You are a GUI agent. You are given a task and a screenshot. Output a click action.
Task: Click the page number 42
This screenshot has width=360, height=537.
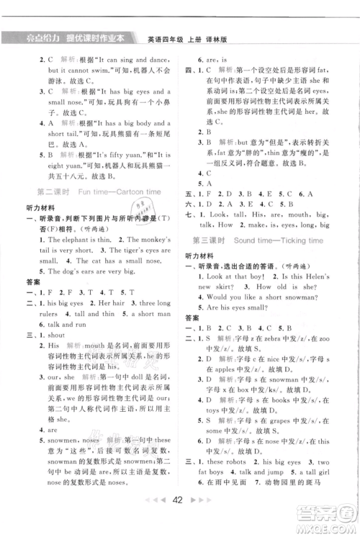coord(179,518)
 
